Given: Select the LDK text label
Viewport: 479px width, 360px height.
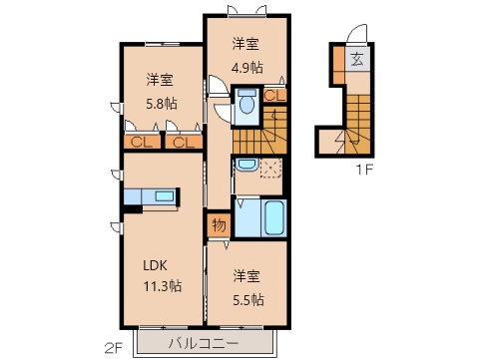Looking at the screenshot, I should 155,264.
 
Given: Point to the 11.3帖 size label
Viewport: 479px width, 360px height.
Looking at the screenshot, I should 161,286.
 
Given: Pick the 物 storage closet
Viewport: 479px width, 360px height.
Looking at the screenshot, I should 219,225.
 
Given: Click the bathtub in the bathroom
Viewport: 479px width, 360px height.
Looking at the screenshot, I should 273,216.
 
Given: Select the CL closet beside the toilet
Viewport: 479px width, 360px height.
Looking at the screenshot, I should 271,96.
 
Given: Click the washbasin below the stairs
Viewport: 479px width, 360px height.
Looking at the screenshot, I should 247,164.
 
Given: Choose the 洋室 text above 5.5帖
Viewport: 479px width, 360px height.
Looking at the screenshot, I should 247,276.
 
